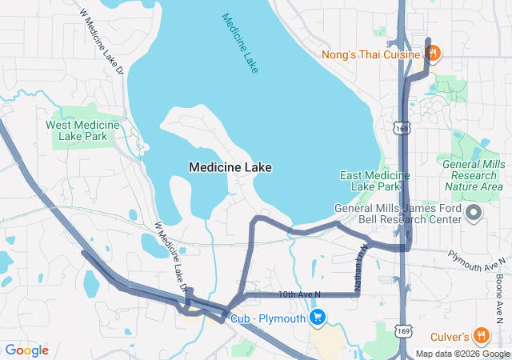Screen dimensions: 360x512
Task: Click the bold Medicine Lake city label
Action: [x=230, y=167]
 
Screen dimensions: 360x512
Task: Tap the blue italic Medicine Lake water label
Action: [x=240, y=43]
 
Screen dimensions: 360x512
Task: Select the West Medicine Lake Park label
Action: [x=82, y=130]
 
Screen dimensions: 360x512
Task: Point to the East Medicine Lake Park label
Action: [x=369, y=181]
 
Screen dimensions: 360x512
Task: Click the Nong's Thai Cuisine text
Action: [x=370, y=54]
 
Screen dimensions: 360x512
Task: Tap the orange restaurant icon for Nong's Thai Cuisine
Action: [x=432, y=54]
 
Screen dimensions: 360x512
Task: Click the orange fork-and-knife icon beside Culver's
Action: [x=481, y=334]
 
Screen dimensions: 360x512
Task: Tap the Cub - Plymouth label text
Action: [x=268, y=318]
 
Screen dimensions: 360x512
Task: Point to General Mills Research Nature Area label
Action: [x=474, y=174]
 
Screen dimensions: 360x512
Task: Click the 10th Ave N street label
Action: [x=299, y=295]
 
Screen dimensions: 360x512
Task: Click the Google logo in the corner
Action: [x=26, y=350]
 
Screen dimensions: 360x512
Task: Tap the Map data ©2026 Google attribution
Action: [x=462, y=354]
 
